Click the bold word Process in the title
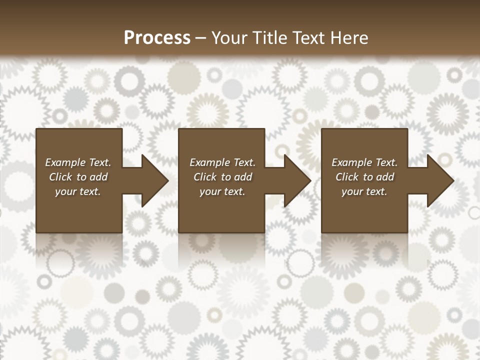click(157, 38)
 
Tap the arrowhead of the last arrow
click(439, 180)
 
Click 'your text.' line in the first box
click(78, 191)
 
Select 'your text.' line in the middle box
click(222, 191)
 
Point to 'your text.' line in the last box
click(364, 191)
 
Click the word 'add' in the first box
click(98, 177)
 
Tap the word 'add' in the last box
click(385, 177)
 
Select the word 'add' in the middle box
click(243, 177)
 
